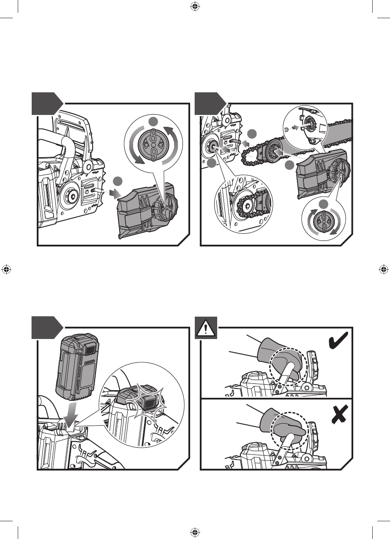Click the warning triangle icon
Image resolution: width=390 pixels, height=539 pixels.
click(x=205, y=328)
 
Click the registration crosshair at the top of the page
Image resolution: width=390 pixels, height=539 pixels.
click(x=195, y=6)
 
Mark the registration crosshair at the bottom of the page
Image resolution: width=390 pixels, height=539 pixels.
click(x=195, y=532)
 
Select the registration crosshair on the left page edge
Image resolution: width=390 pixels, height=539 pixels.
click(x=6, y=269)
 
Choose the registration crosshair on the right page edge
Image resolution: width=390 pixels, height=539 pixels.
click(x=384, y=269)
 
